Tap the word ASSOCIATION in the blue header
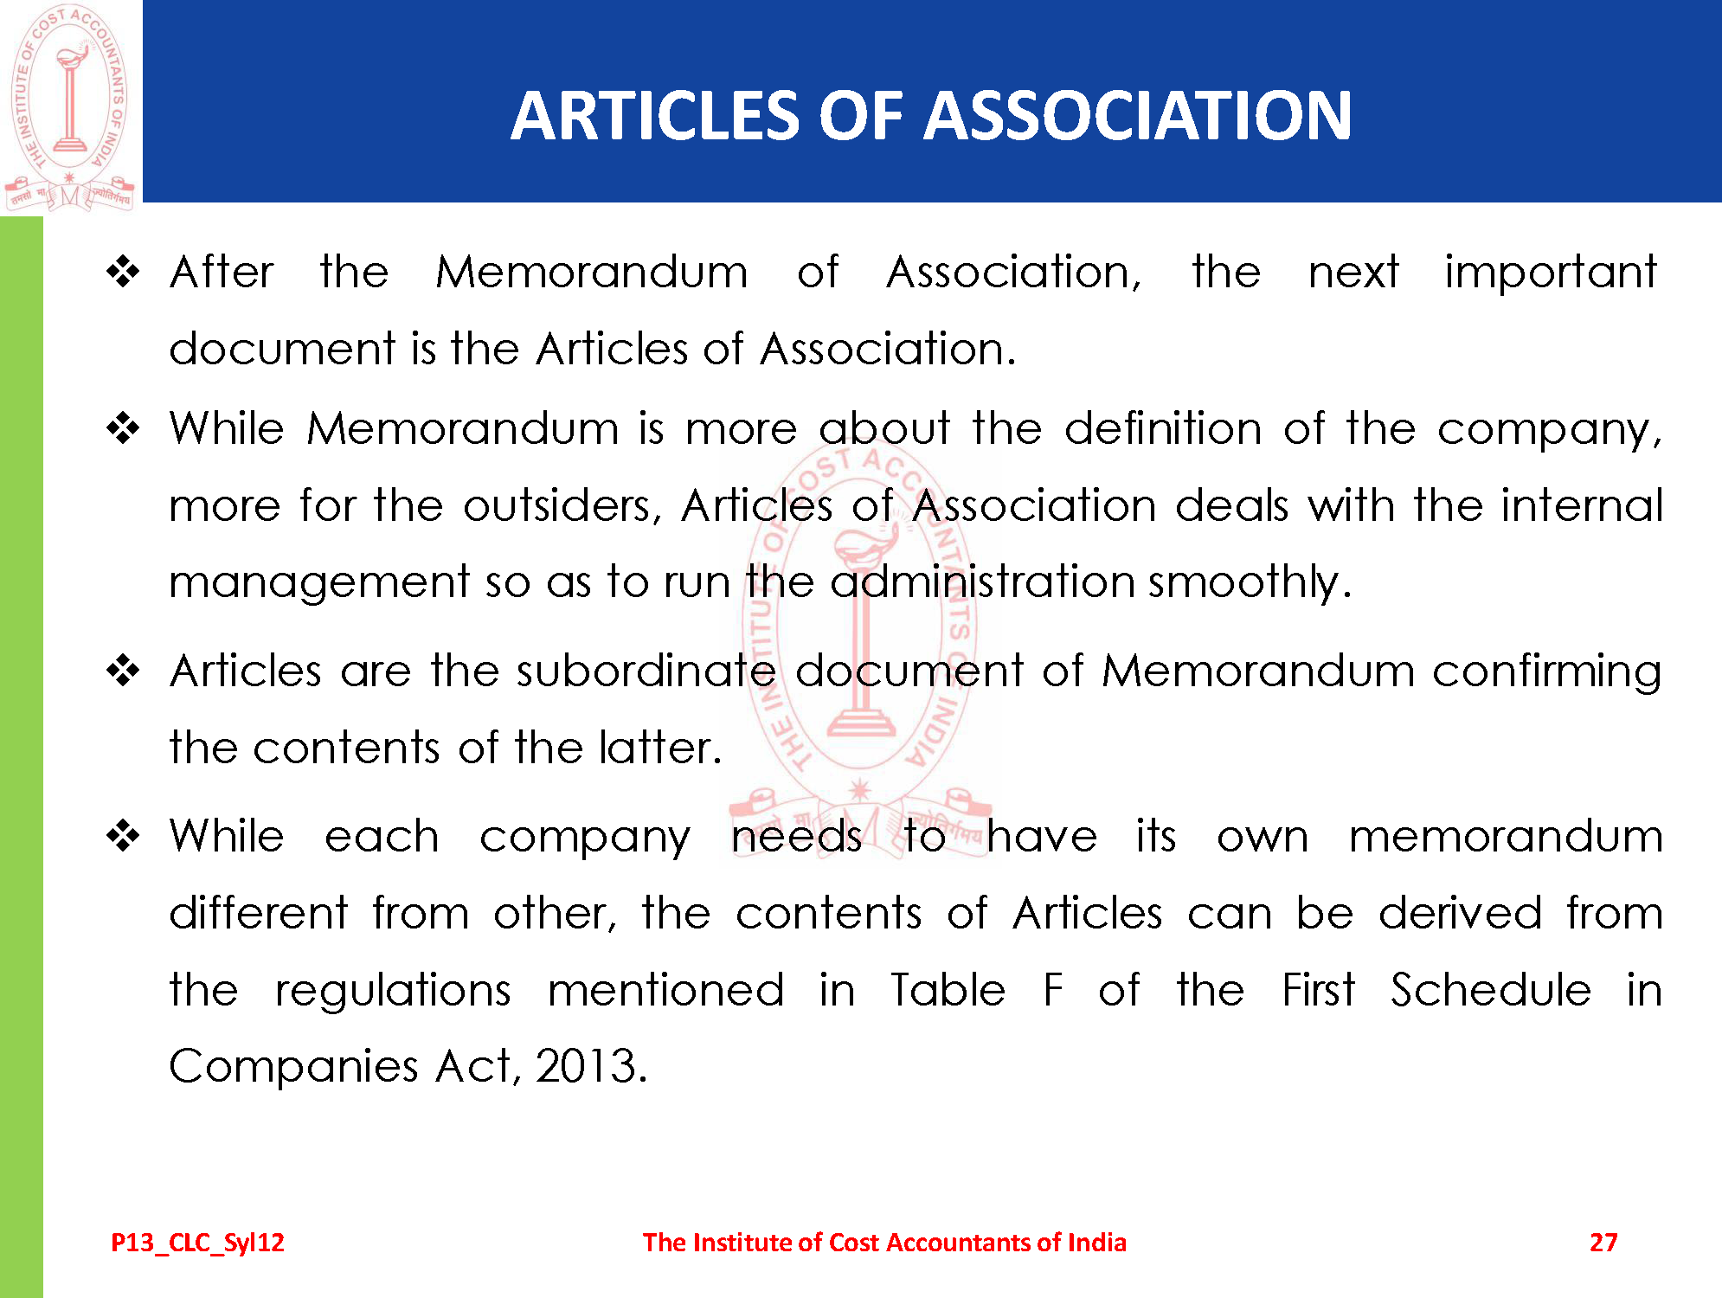click(x=1137, y=116)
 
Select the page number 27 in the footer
click(x=1603, y=1243)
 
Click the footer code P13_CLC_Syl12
click(x=197, y=1243)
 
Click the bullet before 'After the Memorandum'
click(x=123, y=273)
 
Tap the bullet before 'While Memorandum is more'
click(x=123, y=428)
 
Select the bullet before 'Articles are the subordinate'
click(x=123, y=671)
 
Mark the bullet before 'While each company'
click(x=123, y=836)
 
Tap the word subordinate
click(x=646, y=671)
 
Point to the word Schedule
click(x=1490, y=990)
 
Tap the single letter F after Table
click(x=1052, y=990)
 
